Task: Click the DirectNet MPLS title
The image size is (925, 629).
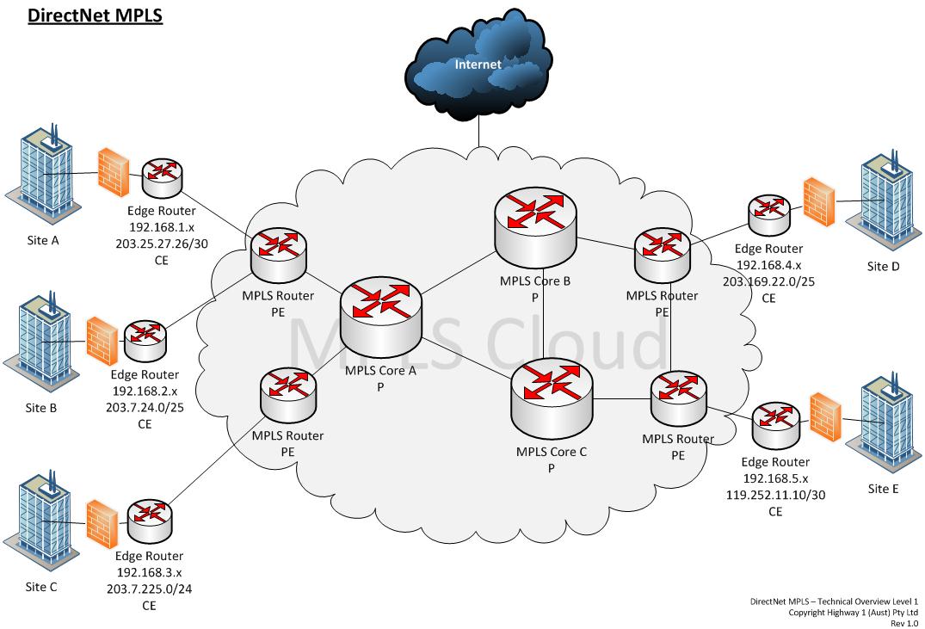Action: click(x=95, y=15)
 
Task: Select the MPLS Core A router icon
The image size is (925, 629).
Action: click(x=380, y=318)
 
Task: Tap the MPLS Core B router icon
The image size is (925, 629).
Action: click(x=536, y=229)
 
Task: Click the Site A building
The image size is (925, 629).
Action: click(x=42, y=173)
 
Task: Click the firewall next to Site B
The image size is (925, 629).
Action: click(x=102, y=342)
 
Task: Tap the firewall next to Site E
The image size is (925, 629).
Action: click(x=825, y=418)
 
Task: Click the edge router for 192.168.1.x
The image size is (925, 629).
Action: click(x=163, y=177)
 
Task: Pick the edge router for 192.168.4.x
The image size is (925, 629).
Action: click(x=769, y=215)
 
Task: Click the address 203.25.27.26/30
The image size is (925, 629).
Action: click(x=162, y=244)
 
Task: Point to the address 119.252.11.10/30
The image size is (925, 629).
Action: click(x=776, y=495)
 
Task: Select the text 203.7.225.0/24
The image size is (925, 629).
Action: click(x=149, y=589)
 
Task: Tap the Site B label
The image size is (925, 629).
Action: click(x=41, y=408)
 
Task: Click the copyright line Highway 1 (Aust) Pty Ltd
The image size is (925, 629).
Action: click(x=853, y=613)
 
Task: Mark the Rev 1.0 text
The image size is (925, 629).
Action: click(x=904, y=623)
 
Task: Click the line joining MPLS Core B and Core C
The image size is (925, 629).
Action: click(x=543, y=316)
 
